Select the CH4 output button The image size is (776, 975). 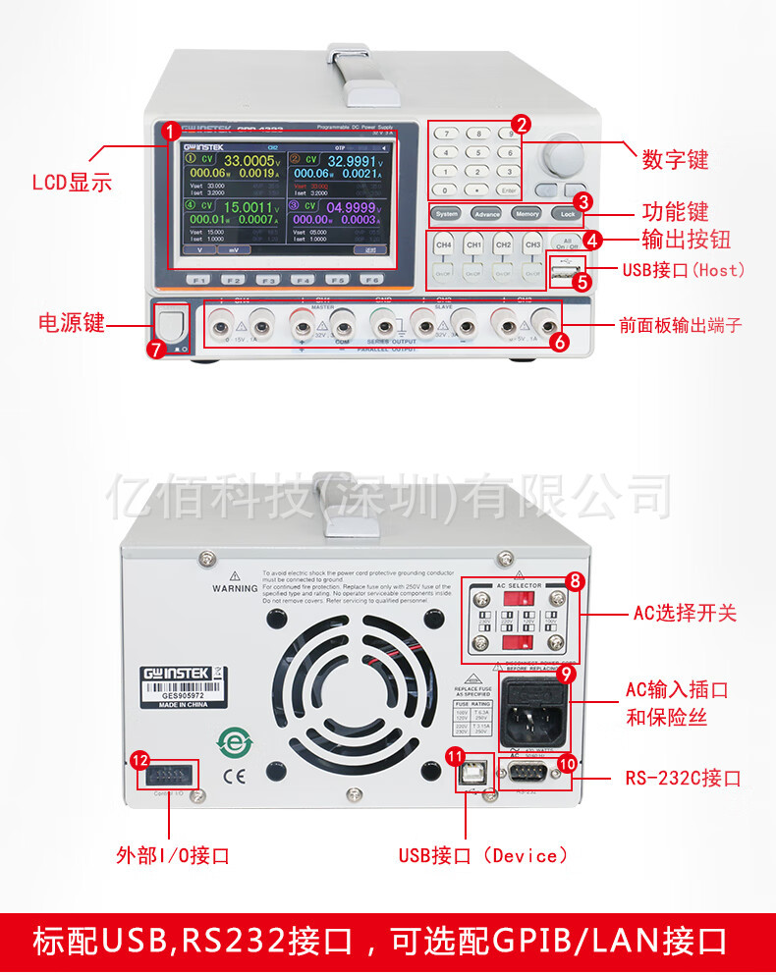pos(444,244)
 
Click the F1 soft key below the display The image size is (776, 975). pos(199,279)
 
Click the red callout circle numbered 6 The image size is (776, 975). pos(559,342)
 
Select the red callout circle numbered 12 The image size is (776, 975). pos(140,760)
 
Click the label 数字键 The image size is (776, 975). pos(675,159)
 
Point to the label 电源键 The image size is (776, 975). pos(71,323)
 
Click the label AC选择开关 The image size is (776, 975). pos(683,614)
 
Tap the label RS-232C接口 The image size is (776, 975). pos(683,779)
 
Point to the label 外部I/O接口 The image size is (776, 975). pos(172,855)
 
